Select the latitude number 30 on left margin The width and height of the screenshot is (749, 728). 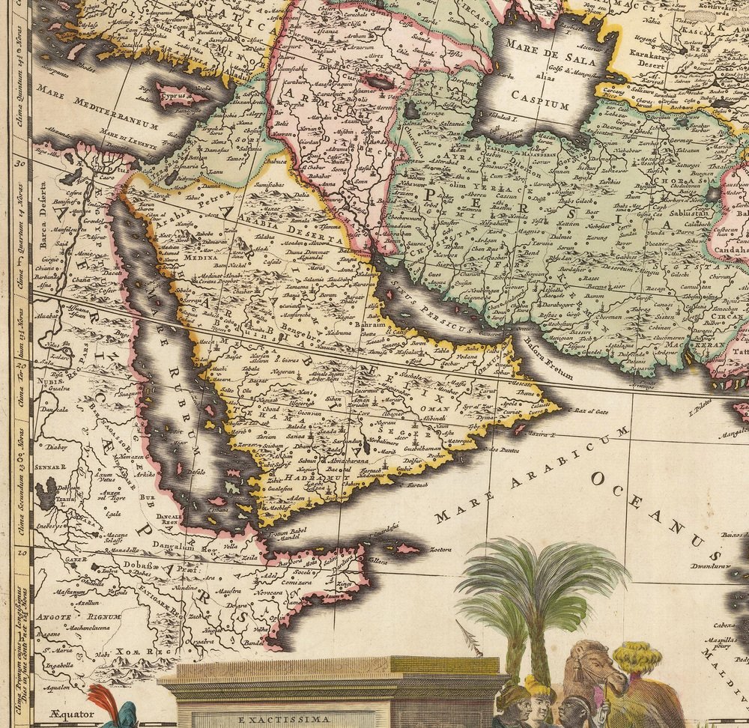coord(20,160)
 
